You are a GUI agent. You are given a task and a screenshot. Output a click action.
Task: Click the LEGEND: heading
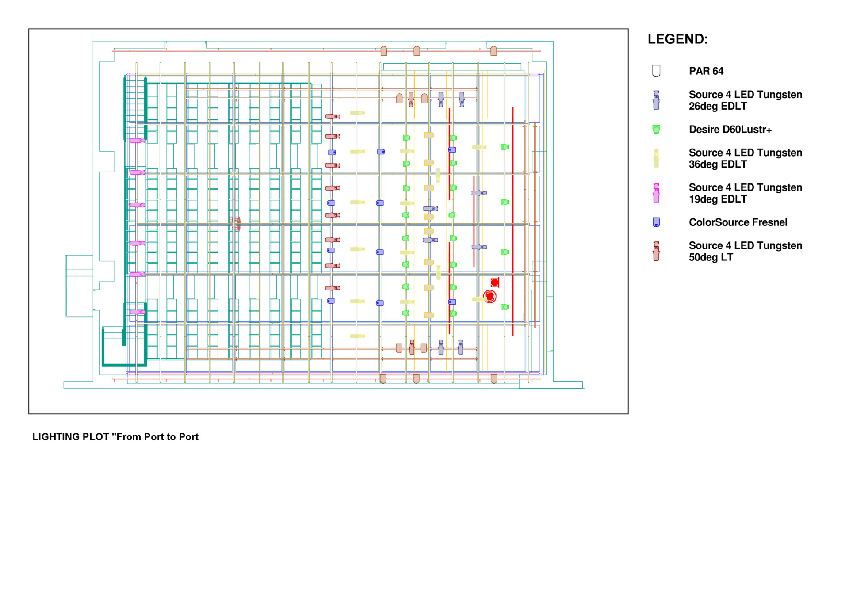(x=677, y=39)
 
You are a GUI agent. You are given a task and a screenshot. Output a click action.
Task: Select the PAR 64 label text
(x=706, y=71)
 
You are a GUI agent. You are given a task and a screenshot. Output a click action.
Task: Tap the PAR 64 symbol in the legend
(x=656, y=71)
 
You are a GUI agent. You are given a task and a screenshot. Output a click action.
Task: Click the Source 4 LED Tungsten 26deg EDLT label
(x=746, y=100)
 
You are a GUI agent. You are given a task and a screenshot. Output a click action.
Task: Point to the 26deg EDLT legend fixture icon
(x=656, y=100)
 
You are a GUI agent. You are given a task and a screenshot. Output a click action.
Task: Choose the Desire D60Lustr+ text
(x=730, y=130)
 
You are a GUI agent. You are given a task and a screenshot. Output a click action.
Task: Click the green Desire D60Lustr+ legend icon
(x=656, y=129)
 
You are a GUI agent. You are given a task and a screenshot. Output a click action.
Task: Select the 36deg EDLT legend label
(x=746, y=158)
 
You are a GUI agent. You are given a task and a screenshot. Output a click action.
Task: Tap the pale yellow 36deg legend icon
(x=656, y=158)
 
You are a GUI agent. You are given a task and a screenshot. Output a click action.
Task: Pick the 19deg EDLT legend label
(x=746, y=193)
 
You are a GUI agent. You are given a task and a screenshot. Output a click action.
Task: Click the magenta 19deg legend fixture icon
(x=656, y=193)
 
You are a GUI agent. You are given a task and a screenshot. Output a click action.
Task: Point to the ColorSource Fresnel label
(x=738, y=222)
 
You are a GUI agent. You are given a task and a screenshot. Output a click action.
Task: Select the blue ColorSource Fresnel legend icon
(x=656, y=222)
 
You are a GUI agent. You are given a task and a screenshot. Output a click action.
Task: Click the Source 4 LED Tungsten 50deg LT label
(x=746, y=251)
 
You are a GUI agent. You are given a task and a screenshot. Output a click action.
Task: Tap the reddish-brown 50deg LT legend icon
(x=656, y=251)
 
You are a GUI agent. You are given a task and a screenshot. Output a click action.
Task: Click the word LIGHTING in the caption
(x=71, y=437)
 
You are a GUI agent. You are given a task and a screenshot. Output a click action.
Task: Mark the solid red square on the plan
(x=495, y=283)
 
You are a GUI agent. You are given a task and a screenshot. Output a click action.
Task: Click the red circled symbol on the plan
(x=490, y=296)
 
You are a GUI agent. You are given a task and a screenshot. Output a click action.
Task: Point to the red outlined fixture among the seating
(x=234, y=224)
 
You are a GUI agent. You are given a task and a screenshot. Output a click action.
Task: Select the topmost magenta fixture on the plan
(x=137, y=141)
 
